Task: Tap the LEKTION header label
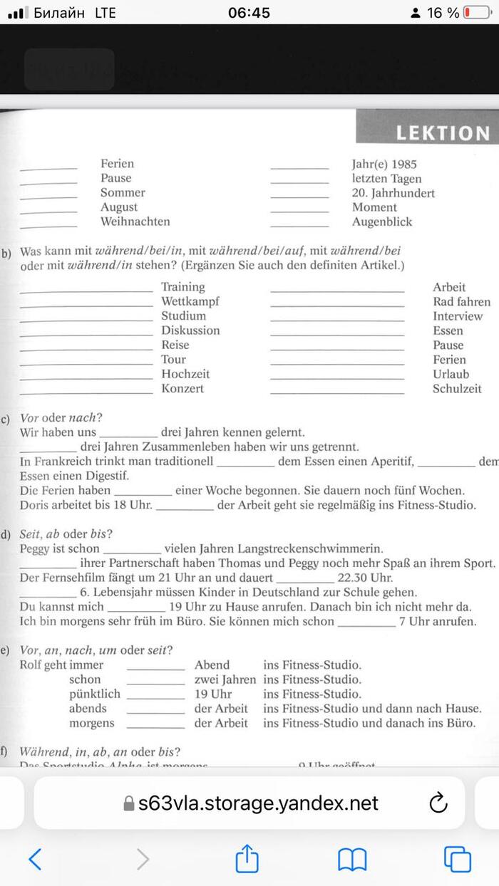click(x=443, y=133)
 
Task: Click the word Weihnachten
click(x=135, y=221)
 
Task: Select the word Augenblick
click(x=382, y=221)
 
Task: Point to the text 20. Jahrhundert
click(x=393, y=193)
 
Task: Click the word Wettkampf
click(x=190, y=301)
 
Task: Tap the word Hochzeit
click(x=185, y=374)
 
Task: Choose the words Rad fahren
click(x=461, y=302)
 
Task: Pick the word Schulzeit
click(x=457, y=389)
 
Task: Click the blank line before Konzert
click(x=86, y=392)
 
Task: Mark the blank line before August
click(x=48, y=211)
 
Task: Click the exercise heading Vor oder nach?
click(x=61, y=418)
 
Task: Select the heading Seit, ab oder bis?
click(x=66, y=534)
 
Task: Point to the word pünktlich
click(x=95, y=694)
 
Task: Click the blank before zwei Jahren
click(x=155, y=683)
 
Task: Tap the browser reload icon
click(x=438, y=803)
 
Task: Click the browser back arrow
click(x=35, y=859)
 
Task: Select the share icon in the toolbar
click(x=246, y=858)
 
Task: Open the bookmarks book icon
click(x=352, y=859)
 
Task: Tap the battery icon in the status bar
click(x=476, y=13)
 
